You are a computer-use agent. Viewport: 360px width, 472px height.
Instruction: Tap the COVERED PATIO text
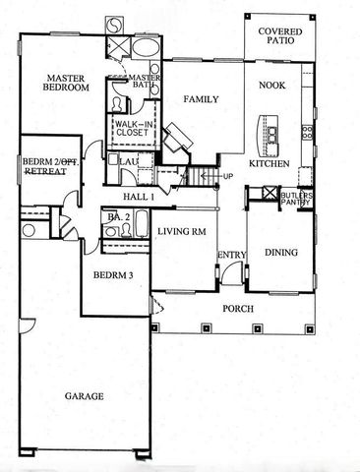pyautogui.click(x=279, y=37)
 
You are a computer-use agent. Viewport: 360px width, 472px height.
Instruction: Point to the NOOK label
pyautogui.click(x=270, y=86)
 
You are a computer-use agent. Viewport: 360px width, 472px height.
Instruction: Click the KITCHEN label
pyautogui.click(x=268, y=164)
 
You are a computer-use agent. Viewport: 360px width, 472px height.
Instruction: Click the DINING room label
pyautogui.click(x=282, y=253)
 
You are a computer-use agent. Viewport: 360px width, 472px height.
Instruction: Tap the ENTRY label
pyautogui.click(x=231, y=255)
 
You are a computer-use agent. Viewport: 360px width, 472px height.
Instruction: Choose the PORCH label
pyautogui.click(x=238, y=309)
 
